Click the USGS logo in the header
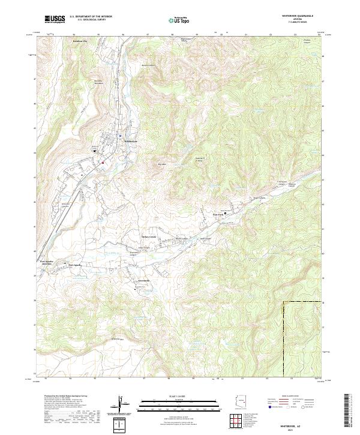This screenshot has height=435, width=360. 55,19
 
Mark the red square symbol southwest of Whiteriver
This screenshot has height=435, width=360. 103,162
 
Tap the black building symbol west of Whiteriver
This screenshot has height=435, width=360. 94,151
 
